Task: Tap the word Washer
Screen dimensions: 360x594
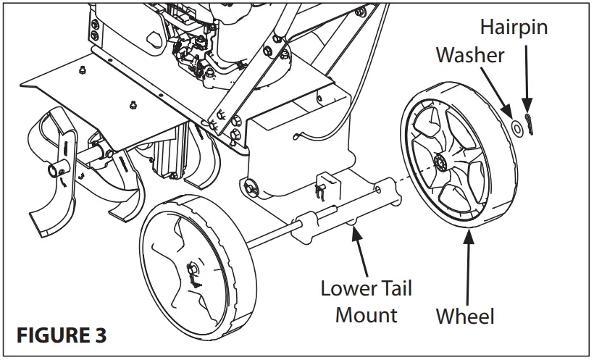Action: click(x=469, y=55)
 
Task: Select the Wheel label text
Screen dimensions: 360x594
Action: click(x=465, y=316)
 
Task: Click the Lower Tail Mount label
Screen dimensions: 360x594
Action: click(x=367, y=301)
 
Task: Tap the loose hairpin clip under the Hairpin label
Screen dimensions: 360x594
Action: click(x=531, y=127)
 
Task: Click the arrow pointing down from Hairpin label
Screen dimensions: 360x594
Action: click(x=527, y=80)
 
